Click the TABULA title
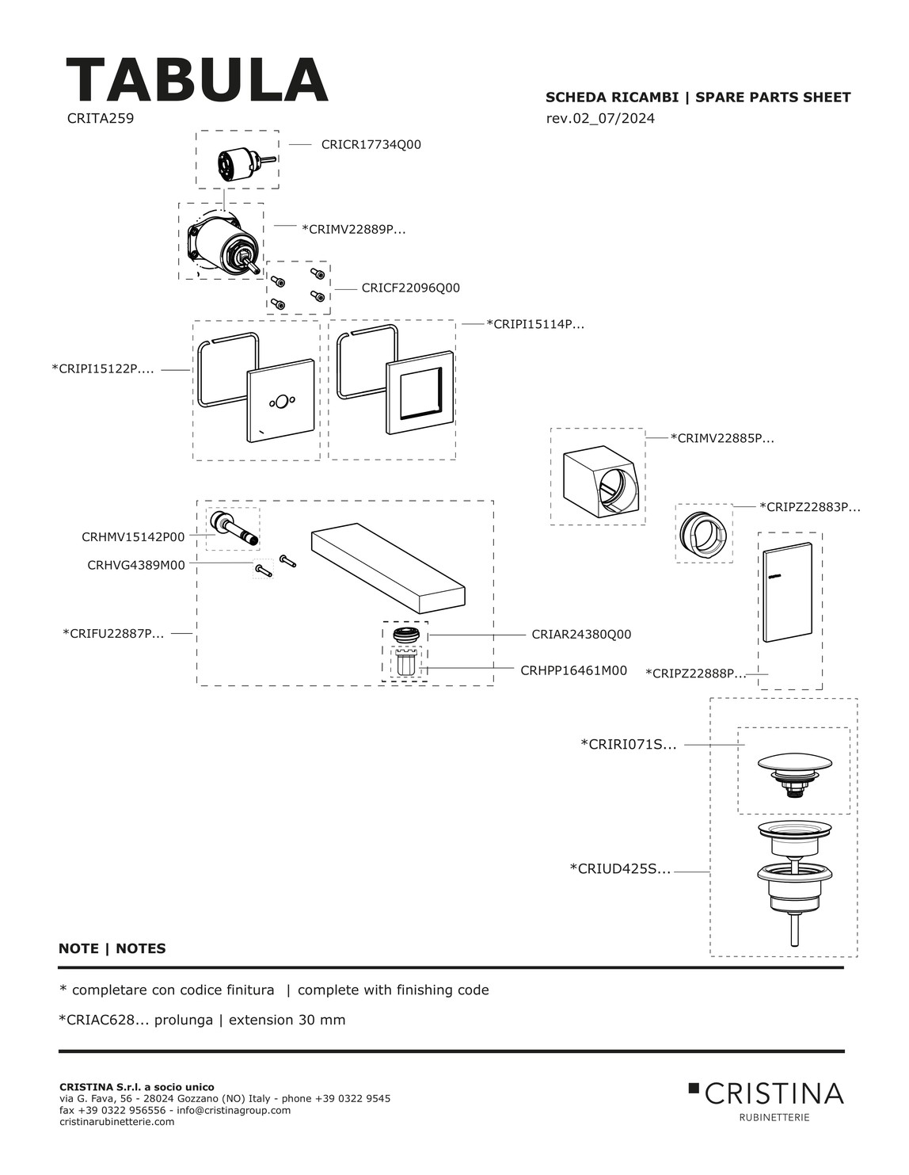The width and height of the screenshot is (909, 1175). (196, 80)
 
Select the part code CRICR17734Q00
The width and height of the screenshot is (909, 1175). (371, 145)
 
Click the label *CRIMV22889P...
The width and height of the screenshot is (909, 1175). (353, 229)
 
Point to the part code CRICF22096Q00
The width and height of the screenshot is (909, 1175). (411, 288)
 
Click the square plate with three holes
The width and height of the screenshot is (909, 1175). (280, 400)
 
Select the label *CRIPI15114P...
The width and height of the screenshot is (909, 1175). (535, 324)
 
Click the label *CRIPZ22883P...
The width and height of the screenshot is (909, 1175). (809, 507)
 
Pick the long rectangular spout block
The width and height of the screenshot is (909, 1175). (388, 568)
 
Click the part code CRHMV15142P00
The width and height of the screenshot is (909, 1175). (133, 537)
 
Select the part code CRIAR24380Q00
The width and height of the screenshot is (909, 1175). (581, 635)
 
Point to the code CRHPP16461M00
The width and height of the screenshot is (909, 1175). (573, 670)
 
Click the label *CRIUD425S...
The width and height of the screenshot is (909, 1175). (620, 869)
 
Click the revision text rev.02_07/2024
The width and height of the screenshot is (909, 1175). (600, 118)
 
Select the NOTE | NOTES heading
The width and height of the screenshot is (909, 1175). (112, 948)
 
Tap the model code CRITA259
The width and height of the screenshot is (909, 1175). (101, 118)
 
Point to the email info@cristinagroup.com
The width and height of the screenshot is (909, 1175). (234, 1110)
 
